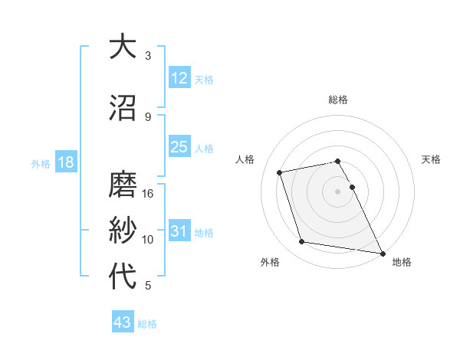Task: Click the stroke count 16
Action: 148,194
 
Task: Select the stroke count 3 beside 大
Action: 148,56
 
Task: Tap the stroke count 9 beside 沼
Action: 148,117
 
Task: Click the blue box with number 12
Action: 179,78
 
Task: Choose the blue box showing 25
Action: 179,147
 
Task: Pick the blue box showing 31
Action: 179,231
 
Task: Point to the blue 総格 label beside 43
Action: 147,324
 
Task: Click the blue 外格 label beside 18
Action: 41,164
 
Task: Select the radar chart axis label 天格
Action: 432,159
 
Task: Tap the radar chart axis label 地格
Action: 402,262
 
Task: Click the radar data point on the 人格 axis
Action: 280,172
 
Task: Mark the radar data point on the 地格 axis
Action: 382,253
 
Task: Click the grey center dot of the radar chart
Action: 338,191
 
